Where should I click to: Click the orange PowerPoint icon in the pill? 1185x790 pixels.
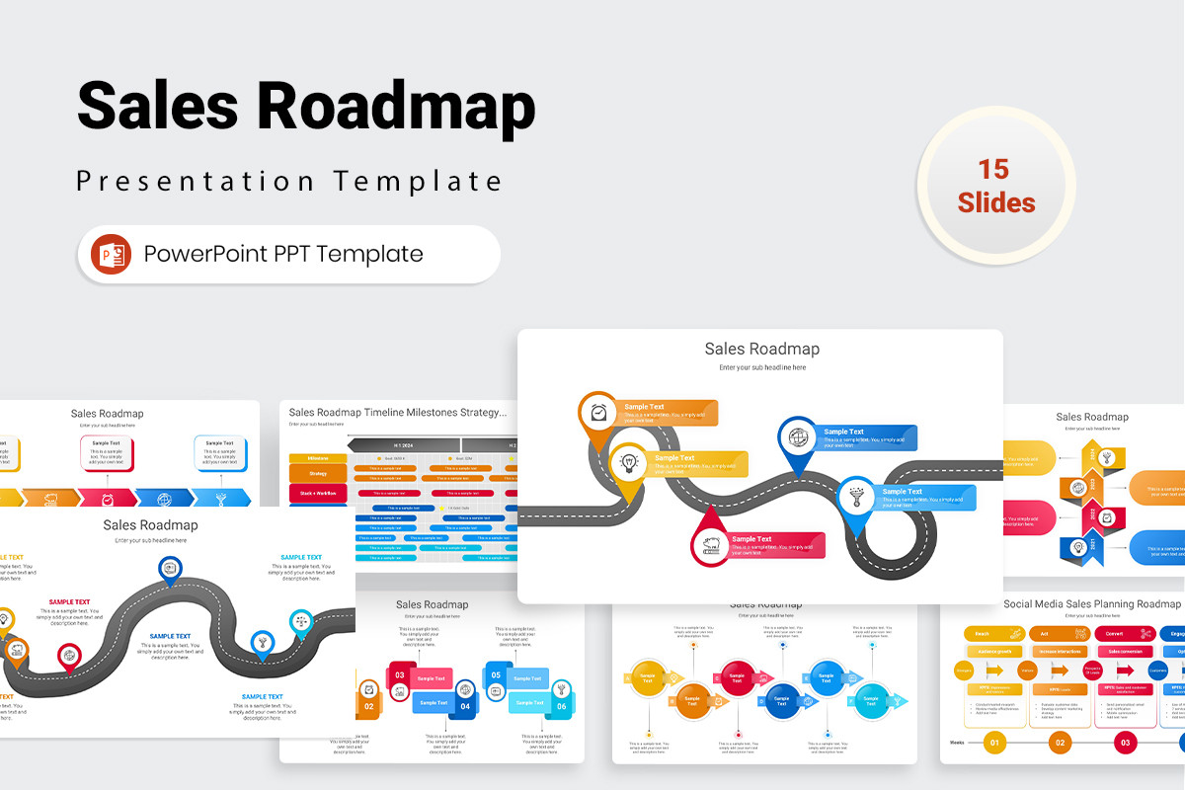(111, 254)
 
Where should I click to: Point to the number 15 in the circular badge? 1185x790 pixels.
(995, 169)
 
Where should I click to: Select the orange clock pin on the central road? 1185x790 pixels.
(597, 412)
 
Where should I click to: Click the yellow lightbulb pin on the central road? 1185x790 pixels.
(628, 461)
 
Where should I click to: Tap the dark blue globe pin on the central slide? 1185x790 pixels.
(797, 435)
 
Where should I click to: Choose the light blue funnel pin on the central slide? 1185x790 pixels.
(856, 495)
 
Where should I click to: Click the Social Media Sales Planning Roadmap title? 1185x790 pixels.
(1092, 603)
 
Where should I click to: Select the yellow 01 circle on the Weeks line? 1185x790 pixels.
(994, 742)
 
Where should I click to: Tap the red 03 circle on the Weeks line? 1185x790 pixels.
(1125, 742)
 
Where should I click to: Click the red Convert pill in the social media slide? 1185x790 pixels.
(1114, 633)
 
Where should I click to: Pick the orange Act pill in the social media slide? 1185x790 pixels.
(1046, 633)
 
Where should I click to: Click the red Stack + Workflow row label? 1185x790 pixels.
(318, 492)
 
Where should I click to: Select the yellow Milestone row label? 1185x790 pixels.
(318, 458)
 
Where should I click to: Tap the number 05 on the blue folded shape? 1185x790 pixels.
(496, 675)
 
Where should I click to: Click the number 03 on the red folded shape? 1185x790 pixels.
(400, 675)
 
